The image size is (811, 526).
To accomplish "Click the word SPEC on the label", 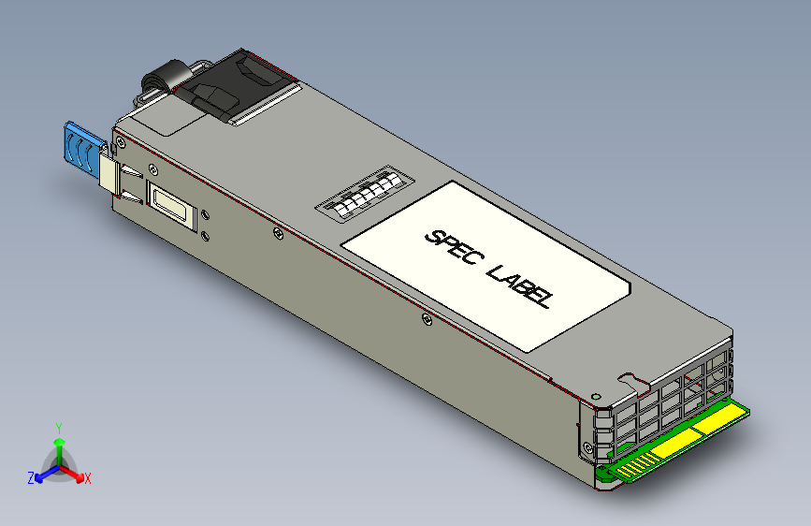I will (450, 246).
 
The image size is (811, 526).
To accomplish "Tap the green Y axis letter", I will (58, 427).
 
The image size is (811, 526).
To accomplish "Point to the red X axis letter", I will (87, 478).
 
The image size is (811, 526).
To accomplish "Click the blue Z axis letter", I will (31, 478).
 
